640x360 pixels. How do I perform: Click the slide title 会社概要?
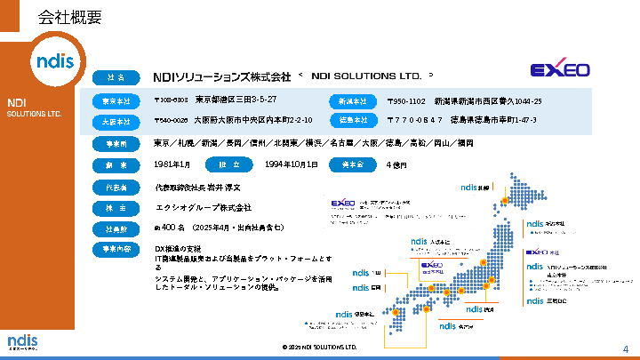tap(70, 17)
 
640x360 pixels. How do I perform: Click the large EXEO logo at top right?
tap(560, 69)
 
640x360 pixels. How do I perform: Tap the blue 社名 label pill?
tap(116, 77)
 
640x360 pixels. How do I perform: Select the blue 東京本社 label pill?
tap(116, 100)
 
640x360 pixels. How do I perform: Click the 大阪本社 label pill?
tap(116, 120)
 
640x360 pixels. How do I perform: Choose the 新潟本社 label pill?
tap(354, 100)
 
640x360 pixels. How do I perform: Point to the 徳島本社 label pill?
tap(354, 120)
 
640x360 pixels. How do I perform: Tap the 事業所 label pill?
tap(116, 144)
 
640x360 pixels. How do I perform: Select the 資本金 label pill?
tap(354, 165)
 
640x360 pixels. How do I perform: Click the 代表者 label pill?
tap(116, 188)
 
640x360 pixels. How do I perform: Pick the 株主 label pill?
tap(116, 208)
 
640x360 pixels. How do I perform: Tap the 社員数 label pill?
tap(116, 229)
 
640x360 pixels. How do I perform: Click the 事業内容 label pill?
tap(116, 250)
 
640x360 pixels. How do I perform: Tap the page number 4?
tap(625, 348)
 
